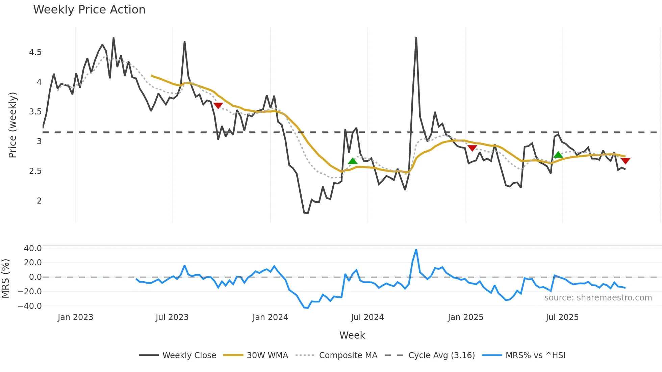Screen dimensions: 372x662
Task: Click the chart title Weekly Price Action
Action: (x=89, y=10)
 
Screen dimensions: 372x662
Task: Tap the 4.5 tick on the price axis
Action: (x=35, y=52)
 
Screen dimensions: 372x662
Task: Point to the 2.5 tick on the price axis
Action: (x=35, y=171)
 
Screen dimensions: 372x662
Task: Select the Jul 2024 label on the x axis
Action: (x=367, y=317)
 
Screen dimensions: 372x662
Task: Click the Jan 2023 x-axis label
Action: (x=75, y=317)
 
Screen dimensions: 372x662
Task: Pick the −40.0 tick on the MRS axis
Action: (x=30, y=306)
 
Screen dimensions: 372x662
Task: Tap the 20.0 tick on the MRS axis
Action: (x=32, y=263)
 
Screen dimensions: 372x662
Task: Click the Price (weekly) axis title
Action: (x=12, y=125)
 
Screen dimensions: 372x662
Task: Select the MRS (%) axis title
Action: (x=6, y=278)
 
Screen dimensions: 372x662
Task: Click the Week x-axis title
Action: (x=352, y=335)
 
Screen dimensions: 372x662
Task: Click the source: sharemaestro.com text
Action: (x=598, y=298)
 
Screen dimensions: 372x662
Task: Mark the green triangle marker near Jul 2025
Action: (x=558, y=155)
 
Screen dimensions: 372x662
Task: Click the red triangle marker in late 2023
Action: (x=218, y=105)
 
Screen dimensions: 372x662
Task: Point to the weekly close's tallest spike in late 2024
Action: (x=416, y=38)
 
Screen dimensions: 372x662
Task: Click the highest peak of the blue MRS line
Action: (x=416, y=250)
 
